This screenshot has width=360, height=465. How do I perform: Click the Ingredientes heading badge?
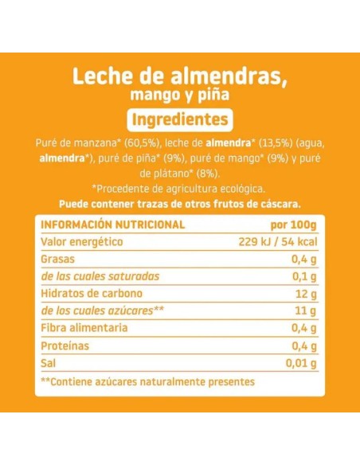[x=180, y=120]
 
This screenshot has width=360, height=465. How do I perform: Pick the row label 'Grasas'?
[x=57, y=259]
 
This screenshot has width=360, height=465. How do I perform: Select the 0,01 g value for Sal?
[x=300, y=364]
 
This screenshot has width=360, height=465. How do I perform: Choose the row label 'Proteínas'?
[x=64, y=346]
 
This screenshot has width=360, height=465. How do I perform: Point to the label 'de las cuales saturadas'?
[x=99, y=276]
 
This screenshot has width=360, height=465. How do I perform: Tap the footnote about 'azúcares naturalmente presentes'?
[x=147, y=382]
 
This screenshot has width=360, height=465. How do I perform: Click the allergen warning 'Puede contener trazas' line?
[x=180, y=202]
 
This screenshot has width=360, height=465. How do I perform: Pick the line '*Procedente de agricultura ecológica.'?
[x=180, y=188]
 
